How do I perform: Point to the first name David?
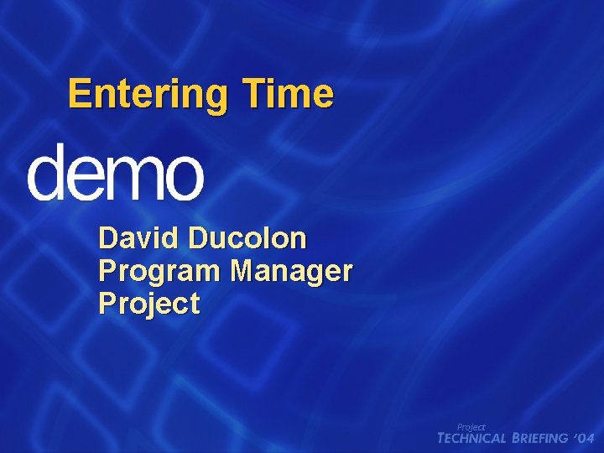coord(139,238)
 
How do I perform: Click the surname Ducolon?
coord(247,238)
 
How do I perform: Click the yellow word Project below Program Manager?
coord(149,303)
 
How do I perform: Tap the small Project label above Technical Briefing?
coord(471,427)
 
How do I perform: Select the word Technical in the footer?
coord(472,438)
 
